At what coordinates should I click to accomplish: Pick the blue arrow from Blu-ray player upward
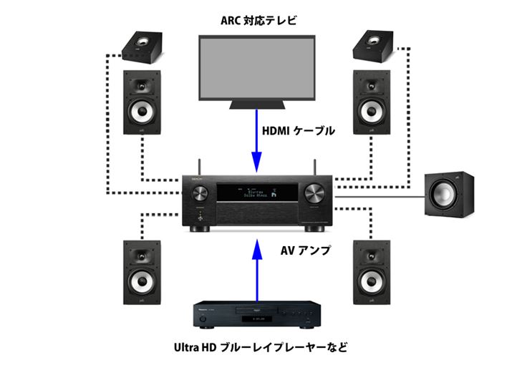pyautogui.click(x=256, y=272)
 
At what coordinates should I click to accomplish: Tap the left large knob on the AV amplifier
pyautogui.click(x=199, y=192)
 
